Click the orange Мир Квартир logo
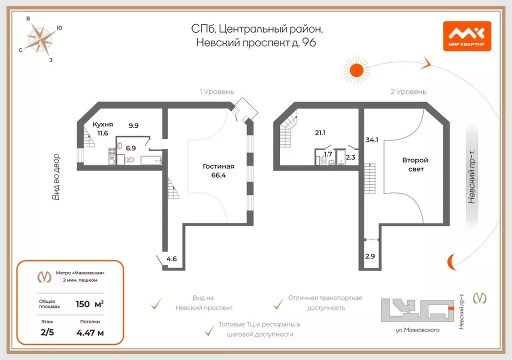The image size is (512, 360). (467, 36)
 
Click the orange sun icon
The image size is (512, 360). (356, 70)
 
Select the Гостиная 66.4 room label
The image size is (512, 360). (218, 170)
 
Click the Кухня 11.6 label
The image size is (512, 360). (102, 128)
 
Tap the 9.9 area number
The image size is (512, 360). (133, 125)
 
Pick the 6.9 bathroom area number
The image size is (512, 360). (130, 148)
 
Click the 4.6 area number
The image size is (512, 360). (171, 258)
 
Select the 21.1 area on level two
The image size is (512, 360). (320, 132)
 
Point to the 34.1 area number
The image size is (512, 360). (371, 140)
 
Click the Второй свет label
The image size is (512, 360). (415, 164)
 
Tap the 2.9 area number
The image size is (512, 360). (370, 256)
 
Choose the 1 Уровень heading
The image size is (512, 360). (217, 92)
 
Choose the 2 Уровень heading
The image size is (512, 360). (408, 92)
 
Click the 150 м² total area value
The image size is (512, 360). (90, 304)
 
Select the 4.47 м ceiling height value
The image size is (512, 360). (90, 333)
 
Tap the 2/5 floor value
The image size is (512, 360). (47, 332)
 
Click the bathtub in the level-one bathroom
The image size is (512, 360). (150, 160)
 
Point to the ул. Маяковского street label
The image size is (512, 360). (417, 330)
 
